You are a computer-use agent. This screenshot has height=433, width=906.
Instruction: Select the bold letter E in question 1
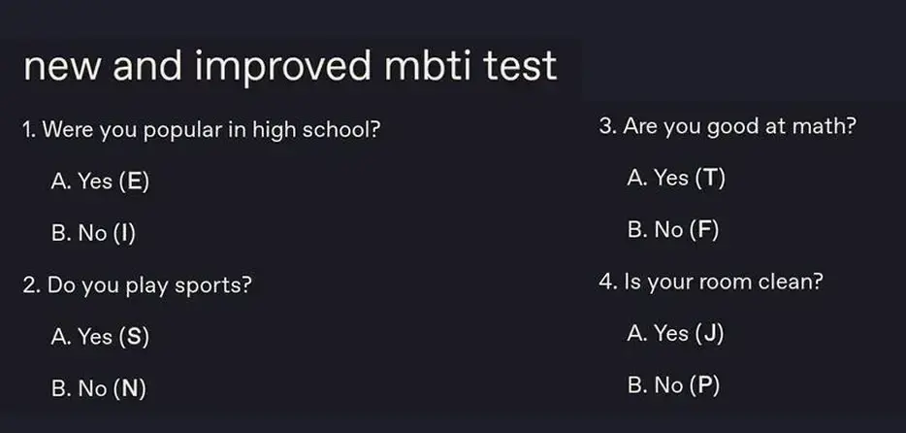(x=134, y=182)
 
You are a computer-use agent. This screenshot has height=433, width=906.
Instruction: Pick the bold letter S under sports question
(x=134, y=337)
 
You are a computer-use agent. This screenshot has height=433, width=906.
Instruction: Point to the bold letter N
(x=129, y=388)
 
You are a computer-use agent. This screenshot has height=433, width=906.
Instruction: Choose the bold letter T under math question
(x=710, y=178)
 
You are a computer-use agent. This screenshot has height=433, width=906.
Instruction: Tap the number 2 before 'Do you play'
(x=29, y=285)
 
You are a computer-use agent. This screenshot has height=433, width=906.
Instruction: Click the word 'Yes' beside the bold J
(x=671, y=334)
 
